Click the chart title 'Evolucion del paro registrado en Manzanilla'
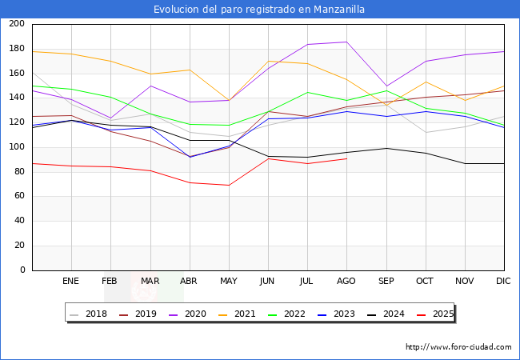click(x=260, y=10)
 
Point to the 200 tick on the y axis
click(x=17, y=24)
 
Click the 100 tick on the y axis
click(x=17, y=147)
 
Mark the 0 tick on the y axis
click(x=23, y=270)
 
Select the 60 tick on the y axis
click(x=19, y=197)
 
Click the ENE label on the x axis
click(x=71, y=282)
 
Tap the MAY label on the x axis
click(x=229, y=282)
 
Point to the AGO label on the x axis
click(x=346, y=282)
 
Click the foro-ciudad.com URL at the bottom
click(x=458, y=347)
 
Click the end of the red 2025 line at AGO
click(x=346, y=158)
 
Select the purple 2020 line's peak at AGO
click(x=346, y=42)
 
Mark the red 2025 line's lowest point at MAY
click(x=229, y=186)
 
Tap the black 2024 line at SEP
click(x=386, y=148)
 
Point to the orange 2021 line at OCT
click(x=426, y=82)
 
